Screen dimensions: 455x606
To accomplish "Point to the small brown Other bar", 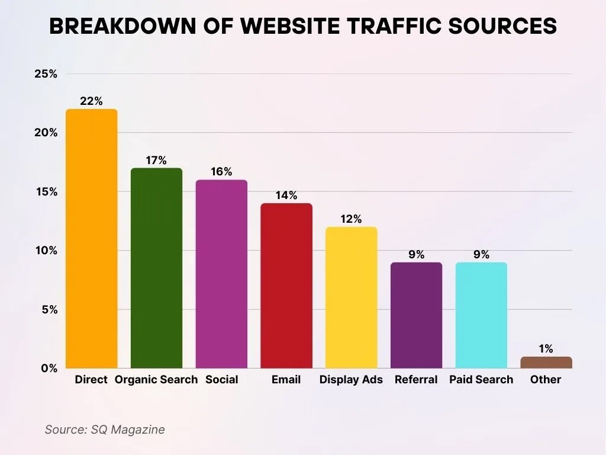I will [546, 363].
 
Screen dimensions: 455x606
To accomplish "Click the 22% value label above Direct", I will [91, 101].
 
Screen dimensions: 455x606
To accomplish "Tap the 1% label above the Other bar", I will [546, 349].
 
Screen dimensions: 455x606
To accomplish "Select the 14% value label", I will [286, 196].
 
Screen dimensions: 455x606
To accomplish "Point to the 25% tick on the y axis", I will [46, 74].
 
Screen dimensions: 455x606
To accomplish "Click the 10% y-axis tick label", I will [46, 251].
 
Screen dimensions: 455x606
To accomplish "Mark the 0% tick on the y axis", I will [49, 368].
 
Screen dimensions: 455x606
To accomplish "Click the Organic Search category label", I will [156, 380].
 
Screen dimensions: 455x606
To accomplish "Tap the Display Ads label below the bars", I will [351, 380].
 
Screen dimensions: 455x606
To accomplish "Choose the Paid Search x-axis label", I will [481, 380].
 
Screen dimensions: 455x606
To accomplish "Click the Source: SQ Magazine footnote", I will [105, 430].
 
